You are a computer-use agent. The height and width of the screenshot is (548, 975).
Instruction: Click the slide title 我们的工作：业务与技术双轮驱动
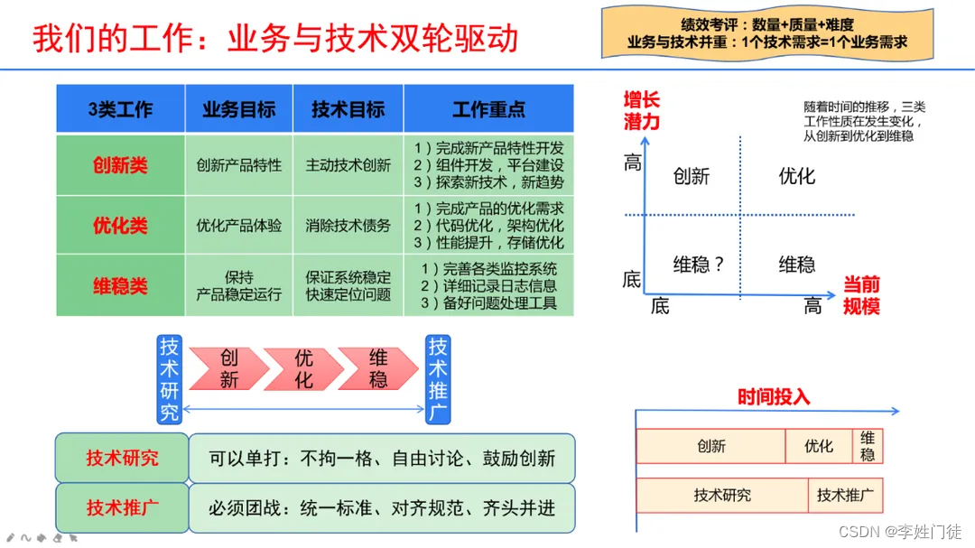(x=275, y=39)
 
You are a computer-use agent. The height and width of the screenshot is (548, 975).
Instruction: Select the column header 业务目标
(x=239, y=109)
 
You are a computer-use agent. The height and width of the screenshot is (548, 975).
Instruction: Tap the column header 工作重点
(x=488, y=109)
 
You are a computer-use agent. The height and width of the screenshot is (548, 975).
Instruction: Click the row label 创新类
(x=120, y=165)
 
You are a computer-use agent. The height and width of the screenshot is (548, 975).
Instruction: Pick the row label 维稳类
(x=120, y=285)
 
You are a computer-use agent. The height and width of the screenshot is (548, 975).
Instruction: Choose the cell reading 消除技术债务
(x=348, y=225)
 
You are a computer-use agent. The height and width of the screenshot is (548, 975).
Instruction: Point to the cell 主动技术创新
(x=348, y=165)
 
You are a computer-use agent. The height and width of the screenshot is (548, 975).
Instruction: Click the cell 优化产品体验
(x=239, y=225)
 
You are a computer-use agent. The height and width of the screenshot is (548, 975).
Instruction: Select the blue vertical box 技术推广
(x=438, y=379)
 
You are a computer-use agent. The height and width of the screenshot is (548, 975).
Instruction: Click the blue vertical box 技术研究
(x=170, y=379)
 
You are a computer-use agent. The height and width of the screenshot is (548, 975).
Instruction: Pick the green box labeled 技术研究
(x=122, y=458)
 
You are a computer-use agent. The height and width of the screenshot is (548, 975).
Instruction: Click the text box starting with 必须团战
(x=382, y=508)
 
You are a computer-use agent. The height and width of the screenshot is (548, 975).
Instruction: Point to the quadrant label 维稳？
(x=700, y=265)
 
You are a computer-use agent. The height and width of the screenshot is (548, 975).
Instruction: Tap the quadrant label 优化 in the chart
(x=796, y=176)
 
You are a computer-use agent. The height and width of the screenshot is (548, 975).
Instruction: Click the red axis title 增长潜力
(x=641, y=110)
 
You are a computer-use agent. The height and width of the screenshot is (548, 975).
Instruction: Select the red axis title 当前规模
(x=861, y=295)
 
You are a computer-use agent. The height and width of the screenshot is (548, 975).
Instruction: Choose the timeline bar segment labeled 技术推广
(x=845, y=495)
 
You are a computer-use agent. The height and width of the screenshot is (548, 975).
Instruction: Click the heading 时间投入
(x=774, y=396)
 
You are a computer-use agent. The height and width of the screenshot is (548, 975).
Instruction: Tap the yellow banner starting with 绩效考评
(x=766, y=33)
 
